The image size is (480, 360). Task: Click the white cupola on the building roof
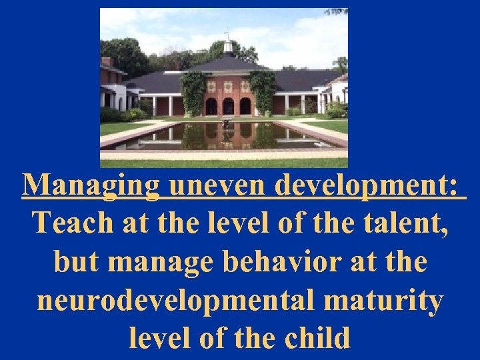click(228, 45)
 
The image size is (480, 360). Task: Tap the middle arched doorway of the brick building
click(228, 106)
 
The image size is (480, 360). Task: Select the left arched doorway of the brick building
click(211, 106)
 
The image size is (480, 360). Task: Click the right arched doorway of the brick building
click(245, 106)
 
